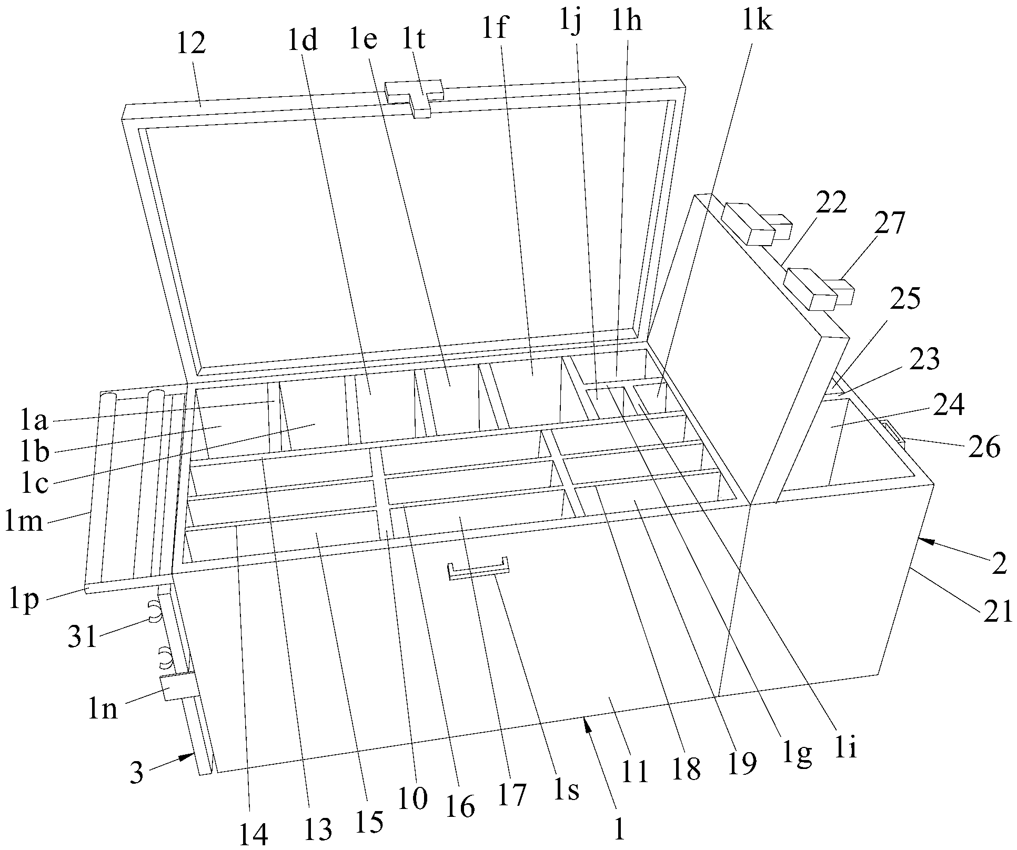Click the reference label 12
[190, 44]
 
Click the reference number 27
[890, 223]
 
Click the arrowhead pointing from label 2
[924, 540]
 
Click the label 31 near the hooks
[84, 637]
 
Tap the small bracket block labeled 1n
[177, 687]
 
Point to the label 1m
[25, 522]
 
